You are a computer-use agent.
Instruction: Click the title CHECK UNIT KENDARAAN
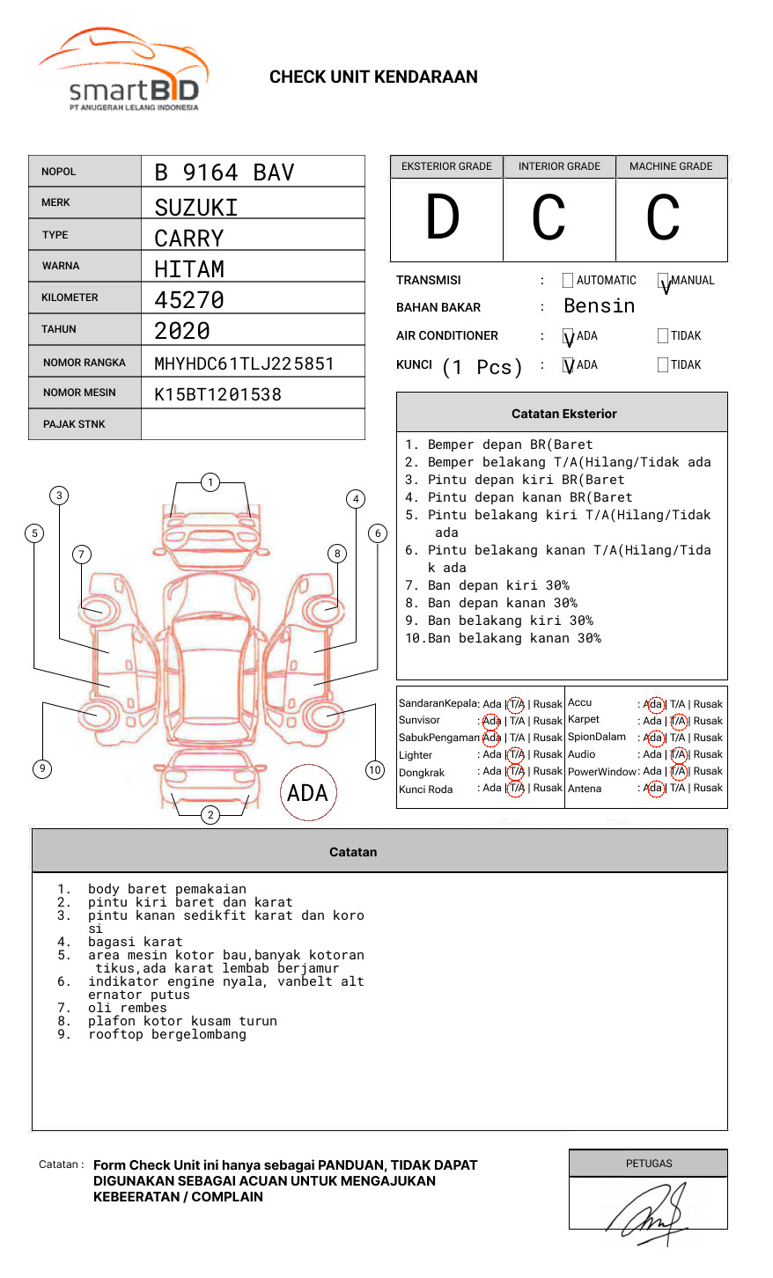pos(373,77)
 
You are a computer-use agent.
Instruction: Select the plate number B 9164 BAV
pos(224,173)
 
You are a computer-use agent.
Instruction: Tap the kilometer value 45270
pos(189,300)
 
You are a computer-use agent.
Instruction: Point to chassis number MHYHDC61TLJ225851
pos(244,364)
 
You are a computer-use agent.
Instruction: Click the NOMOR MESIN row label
pos(79,393)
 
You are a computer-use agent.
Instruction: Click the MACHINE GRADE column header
pos(671,166)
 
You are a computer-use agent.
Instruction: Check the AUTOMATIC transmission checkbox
pos(568,281)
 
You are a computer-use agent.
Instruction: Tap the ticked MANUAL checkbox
pos(663,281)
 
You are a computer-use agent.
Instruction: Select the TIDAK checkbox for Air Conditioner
pos(663,336)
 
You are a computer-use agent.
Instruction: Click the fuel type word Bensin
pos(599,306)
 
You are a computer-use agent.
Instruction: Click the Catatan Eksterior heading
pos(563,414)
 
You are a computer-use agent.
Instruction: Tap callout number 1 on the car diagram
pos(210,481)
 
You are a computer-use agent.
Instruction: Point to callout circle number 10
pos(375,770)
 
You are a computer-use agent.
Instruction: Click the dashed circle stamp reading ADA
pos(307,793)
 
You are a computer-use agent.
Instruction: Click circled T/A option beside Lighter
pos(516,755)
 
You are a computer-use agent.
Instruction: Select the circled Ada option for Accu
pos(654,704)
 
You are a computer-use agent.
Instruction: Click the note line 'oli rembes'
pos(127,1008)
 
